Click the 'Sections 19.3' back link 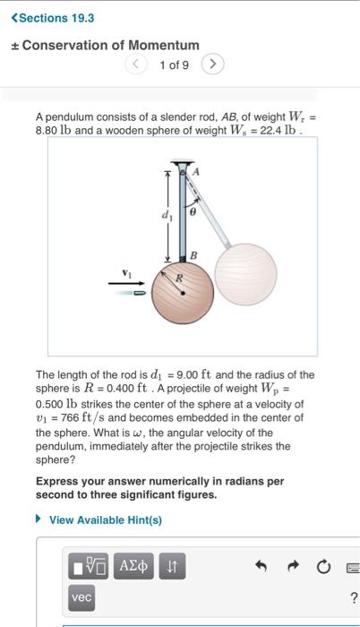(x=56, y=17)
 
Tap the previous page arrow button (x=137, y=64)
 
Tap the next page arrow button (x=213, y=64)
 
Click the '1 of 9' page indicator (x=175, y=64)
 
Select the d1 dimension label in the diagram (x=164, y=215)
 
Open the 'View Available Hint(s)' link (x=104, y=520)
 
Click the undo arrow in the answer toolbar (x=261, y=565)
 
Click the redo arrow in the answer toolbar (x=294, y=565)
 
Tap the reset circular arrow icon (x=325, y=565)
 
